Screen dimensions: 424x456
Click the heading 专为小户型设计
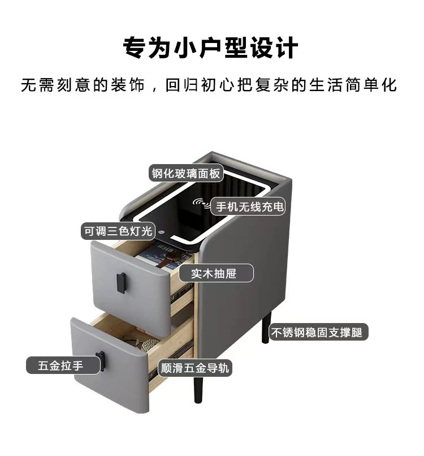[x=211, y=48]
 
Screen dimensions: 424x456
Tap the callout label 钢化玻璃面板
[x=185, y=173]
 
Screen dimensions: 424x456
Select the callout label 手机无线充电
[x=248, y=207]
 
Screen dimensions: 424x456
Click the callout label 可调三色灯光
[x=118, y=231]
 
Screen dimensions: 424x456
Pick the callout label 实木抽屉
[x=213, y=274]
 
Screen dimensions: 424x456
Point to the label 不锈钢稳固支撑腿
[x=318, y=332]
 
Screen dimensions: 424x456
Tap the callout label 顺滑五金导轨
[x=194, y=368]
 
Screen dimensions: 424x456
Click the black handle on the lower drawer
[x=101, y=361]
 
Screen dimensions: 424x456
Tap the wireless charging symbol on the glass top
[x=201, y=203]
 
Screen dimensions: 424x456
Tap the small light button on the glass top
[x=161, y=231]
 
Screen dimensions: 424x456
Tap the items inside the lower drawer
[x=145, y=343]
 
